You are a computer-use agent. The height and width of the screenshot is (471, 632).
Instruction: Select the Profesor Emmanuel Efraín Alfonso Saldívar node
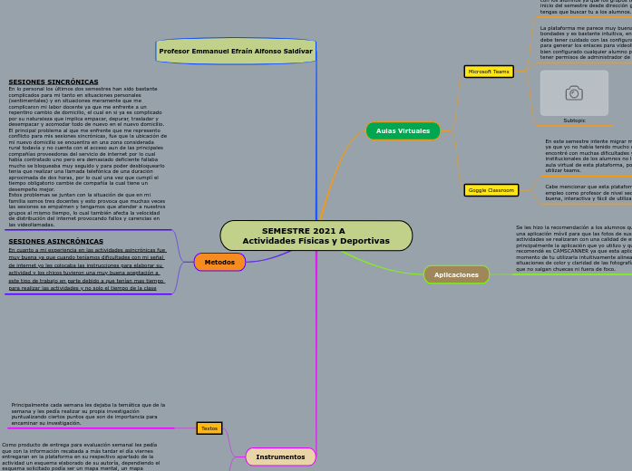click(x=236, y=51)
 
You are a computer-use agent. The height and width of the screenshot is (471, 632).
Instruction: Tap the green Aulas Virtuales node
click(x=403, y=130)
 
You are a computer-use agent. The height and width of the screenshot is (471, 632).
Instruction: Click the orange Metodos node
click(x=219, y=262)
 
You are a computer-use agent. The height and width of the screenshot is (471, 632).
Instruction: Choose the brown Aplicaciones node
click(x=456, y=274)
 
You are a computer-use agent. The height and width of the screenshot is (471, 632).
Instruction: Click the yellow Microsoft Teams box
click(x=489, y=72)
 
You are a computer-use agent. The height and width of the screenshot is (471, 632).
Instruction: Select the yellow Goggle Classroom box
click(x=491, y=190)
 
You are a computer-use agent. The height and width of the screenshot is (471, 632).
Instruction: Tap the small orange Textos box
click(x=209, y=428)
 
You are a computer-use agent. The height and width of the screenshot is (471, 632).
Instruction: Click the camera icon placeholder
click(x=574, y=92)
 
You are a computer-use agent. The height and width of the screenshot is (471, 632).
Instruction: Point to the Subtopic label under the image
click(x=574, y=120)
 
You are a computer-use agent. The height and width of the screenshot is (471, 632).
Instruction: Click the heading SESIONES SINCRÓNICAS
click(x=53, y=82)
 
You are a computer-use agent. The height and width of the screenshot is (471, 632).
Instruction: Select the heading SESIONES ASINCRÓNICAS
click(x=56, y=241)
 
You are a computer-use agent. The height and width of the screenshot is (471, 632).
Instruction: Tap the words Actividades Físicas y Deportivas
click(x=316, y=241)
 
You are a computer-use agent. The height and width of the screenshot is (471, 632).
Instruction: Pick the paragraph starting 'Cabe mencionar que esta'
click(x=588, y=192)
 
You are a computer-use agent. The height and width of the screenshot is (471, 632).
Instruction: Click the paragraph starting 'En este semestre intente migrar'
click(x=588, y=155)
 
